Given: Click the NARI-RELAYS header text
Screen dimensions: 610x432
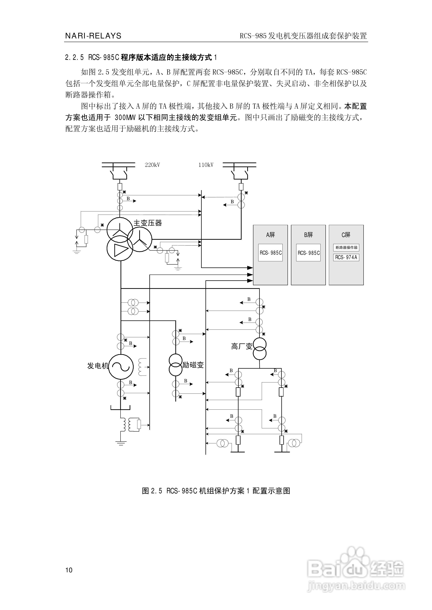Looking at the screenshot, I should [x=93, y=36].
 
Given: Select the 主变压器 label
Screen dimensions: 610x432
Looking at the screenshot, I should [x=148, y=223].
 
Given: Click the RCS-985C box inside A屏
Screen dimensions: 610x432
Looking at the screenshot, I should [x=270, y=253].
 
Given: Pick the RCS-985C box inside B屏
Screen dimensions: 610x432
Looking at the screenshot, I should [x=308, y=253].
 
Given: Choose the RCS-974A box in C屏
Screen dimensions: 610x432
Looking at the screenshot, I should [x=346, y=257].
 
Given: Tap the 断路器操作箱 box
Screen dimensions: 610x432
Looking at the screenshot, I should [x=346, y=247].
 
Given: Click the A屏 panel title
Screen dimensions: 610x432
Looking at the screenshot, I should [x=270, y=235].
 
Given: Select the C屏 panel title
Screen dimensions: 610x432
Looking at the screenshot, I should [x=346, y=235].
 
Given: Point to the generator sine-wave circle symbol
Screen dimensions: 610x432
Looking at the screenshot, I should [x=121, y=367].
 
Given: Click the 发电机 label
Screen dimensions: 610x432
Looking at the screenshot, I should [x=98, y=366].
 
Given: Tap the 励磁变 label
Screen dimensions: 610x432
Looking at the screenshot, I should [x=193, y=365].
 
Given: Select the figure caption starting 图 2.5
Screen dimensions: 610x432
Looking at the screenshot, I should [x=216, y=491].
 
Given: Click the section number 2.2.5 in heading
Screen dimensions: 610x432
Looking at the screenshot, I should [x=74, y=57].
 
